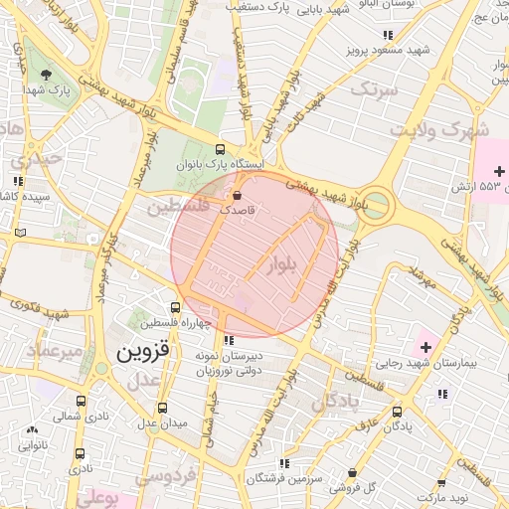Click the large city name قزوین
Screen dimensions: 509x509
(x=145, y=351)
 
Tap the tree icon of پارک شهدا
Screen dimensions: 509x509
(x=47, y=75)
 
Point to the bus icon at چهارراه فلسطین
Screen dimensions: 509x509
(x=175, y=307)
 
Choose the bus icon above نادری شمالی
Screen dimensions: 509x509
(x=81, y=402)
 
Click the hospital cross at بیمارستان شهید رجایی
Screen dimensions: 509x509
(x=426, y=346)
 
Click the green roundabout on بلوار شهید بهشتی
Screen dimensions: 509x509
(x=377, y=206)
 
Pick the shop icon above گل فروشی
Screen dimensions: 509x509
(x=352, y=473)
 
